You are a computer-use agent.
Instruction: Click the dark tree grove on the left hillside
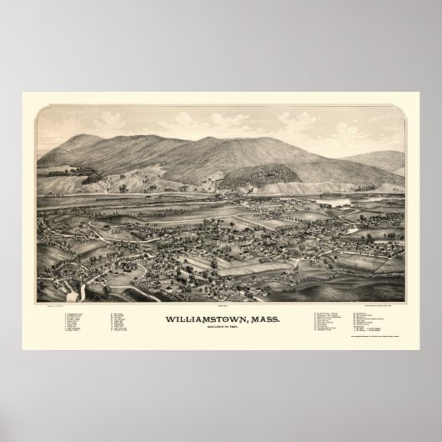point(88,174)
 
